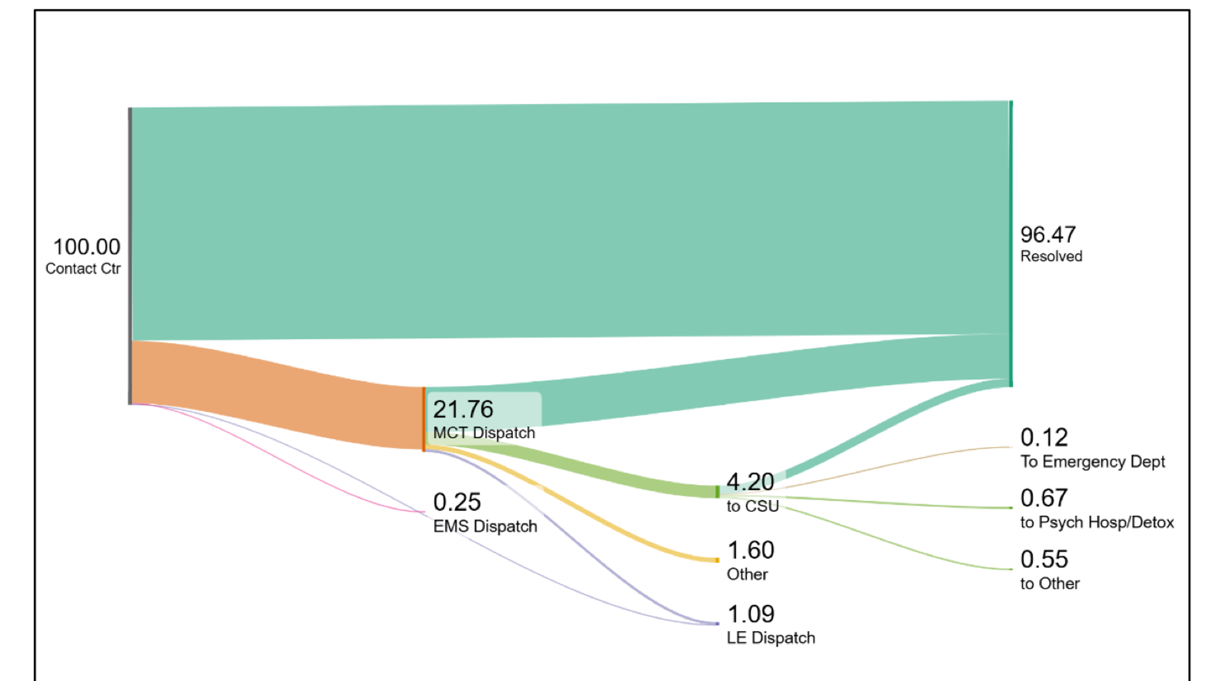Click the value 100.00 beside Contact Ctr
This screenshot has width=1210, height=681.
(x=86, y=247)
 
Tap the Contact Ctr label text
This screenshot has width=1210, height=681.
(x=83, y=269)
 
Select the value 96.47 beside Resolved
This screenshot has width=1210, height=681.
(x=1048, y=235)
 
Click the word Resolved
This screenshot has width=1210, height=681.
(x=1051, y=257)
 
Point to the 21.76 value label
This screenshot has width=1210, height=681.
(x=463, y=409)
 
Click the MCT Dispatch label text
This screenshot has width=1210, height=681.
(x=484, y=433)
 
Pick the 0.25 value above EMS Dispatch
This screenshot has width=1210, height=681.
(x=457, y=503)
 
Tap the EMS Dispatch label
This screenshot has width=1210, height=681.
(x=485, y=527)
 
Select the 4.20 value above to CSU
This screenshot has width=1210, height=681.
(x=750, y=482)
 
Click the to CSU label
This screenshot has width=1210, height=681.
(x=752, y=506)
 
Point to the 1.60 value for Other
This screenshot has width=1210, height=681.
(x=751, y=550)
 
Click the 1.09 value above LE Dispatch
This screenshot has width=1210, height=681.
(x=751, y=614)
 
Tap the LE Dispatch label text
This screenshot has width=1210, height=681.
(x=771, y=638)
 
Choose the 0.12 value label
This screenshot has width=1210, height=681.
(x=1044, y=438)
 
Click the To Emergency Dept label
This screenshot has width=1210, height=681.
(x=1093, y=462)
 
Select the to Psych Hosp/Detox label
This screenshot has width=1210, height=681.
(x=1097, y=523)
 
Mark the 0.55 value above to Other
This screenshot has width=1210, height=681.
(x=1044, y=559)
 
